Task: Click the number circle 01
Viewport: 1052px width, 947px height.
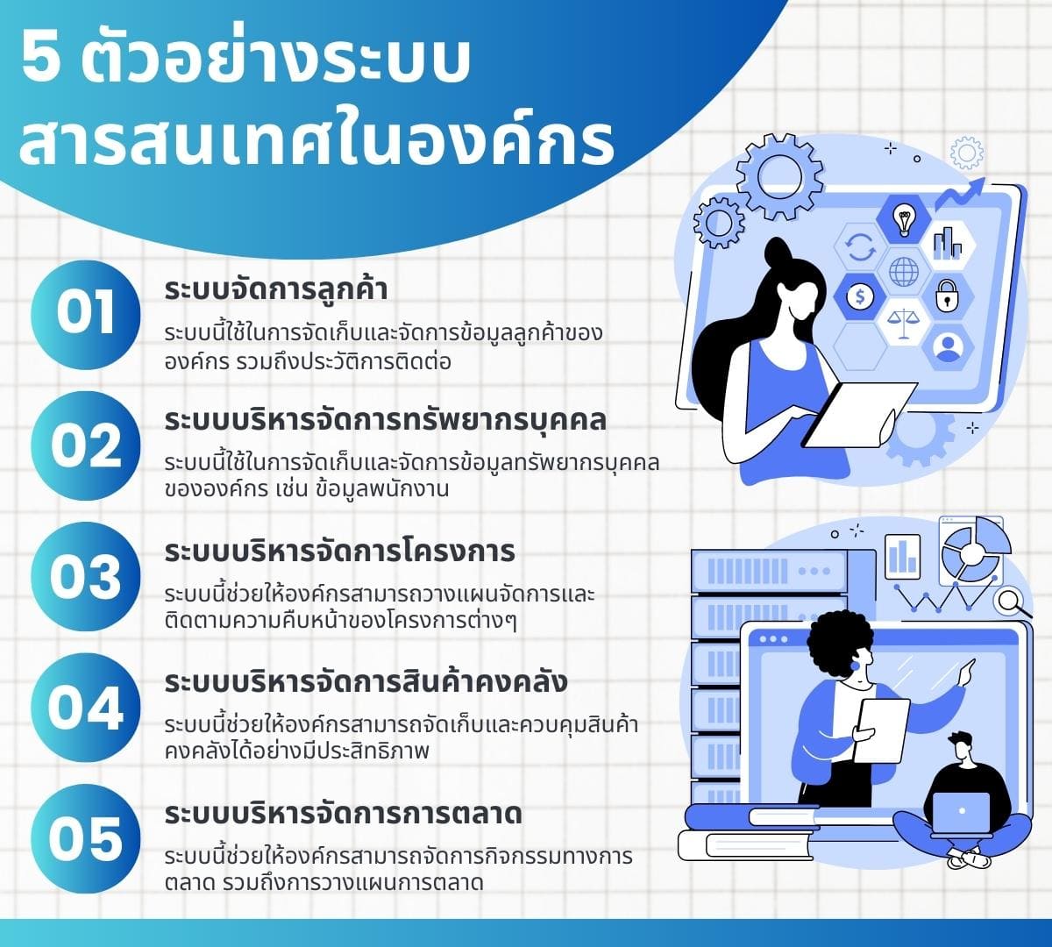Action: point(85,314)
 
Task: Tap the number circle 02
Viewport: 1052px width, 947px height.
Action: point(85,445)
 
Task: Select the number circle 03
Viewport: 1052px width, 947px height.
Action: point(85,577)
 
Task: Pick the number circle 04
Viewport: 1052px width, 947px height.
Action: point(85,708)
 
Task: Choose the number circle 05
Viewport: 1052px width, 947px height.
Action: point(85,839)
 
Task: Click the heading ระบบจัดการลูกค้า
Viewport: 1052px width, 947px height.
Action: point(276,289)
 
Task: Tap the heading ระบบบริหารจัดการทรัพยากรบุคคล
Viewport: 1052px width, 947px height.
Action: point(385,420)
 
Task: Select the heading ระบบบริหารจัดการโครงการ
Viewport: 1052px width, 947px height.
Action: point(339,552)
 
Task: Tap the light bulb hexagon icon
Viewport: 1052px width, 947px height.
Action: point(903,217)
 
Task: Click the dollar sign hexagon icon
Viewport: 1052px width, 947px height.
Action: point(860,296)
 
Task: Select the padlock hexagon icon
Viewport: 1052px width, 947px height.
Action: point(946,296)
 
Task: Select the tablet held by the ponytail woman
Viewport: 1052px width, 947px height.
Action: point(860,412)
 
